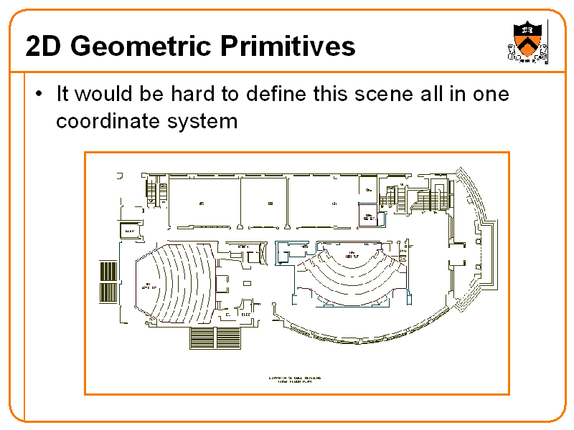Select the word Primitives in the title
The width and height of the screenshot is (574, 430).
tap(288, 47)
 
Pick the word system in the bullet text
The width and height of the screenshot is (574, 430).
tap(202, 121)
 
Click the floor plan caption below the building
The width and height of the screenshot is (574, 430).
tap(294, 379)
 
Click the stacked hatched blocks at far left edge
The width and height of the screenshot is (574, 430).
tap(108, 281)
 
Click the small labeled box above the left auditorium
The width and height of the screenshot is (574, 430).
tap(130, 231)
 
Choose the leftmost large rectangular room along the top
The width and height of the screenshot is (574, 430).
tap(203, 204)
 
